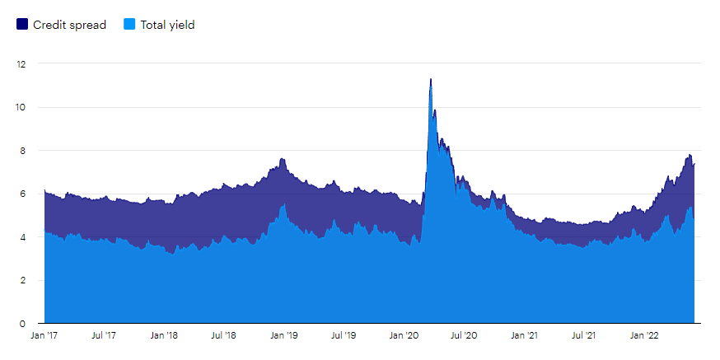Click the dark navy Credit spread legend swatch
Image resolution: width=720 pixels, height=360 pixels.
pos(22,25)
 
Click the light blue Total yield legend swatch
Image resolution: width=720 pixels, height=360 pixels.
pos(129,25)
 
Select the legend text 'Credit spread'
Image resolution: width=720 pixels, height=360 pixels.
pos(69,25)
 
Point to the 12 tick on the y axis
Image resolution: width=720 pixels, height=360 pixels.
pos(21,63)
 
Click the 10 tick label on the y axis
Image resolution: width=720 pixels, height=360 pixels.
pos(21,107)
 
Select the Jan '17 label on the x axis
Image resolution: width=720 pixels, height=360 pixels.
pos(44,336)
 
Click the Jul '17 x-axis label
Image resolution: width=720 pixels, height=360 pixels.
pos(103,336)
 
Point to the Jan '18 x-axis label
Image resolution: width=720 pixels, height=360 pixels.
pos(164,336)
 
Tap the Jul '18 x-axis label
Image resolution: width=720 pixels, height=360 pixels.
pos(223,336)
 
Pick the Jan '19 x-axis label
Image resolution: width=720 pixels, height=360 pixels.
pos(284,336)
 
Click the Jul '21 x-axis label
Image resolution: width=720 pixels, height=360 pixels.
pos(584,336)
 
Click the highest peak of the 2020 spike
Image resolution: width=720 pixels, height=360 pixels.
pos(431,80)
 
